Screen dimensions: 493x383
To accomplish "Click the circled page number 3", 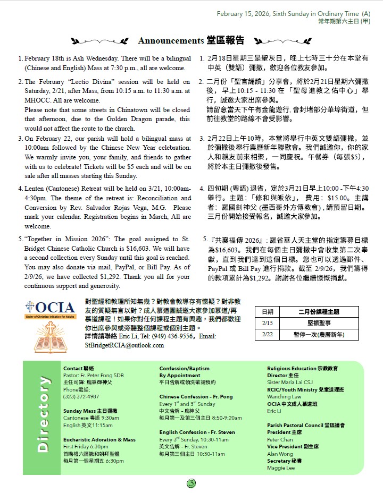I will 191,483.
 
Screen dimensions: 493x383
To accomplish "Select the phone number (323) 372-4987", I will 80,396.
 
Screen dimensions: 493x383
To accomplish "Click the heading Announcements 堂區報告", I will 191,40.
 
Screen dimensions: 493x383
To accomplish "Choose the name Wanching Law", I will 284,396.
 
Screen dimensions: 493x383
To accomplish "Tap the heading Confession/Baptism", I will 185,368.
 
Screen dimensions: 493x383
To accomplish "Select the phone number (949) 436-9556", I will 172,336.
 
